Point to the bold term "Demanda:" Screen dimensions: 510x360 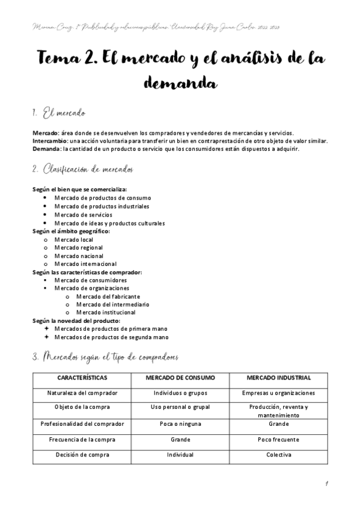point(47,149)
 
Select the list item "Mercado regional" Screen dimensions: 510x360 point(78,248)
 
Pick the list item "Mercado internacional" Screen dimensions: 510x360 point(85,263)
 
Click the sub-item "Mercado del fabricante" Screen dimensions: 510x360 point(108,296)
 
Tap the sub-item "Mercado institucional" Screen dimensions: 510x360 point(106,312)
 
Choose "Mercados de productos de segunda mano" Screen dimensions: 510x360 point(107,337)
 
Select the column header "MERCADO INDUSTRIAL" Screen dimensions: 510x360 point(278,378)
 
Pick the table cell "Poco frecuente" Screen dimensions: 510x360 point(278,439)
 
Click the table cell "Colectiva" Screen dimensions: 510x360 point(278,455)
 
